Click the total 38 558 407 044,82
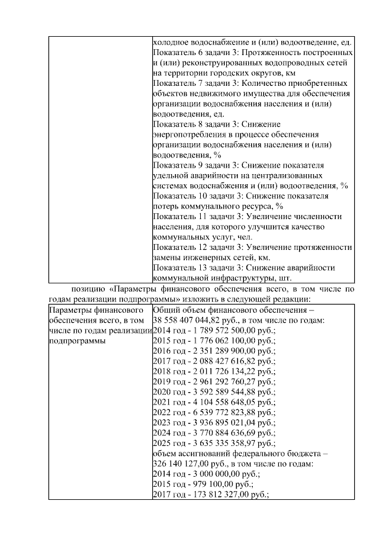pyautogui.click(x=190, y=320)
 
